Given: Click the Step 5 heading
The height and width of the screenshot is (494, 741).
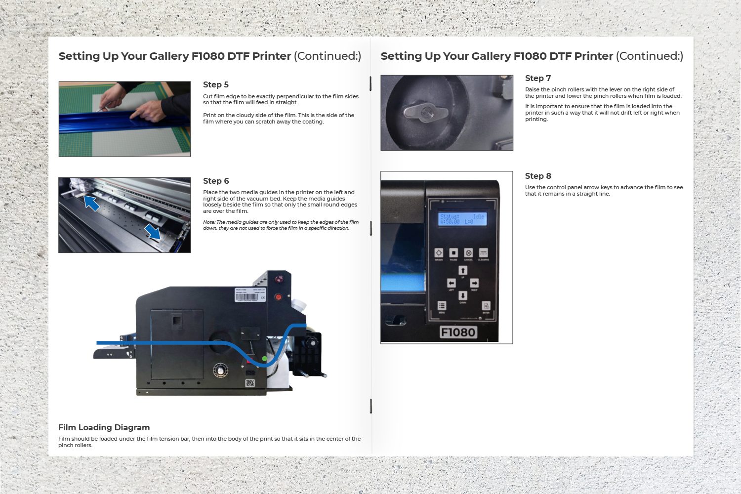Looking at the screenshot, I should tap(216, 84).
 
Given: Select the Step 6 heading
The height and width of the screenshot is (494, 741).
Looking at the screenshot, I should tap(216, 181).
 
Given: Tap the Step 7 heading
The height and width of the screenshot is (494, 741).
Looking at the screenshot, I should tap(537, 78).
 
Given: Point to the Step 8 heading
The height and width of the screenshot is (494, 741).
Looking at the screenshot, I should tap(537, 176).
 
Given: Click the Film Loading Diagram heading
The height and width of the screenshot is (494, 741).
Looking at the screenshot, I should tap(104, 427).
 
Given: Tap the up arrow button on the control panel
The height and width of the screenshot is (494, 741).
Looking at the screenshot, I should tap(462, 270).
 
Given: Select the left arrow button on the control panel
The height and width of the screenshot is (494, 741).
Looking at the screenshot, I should tap(451, 283).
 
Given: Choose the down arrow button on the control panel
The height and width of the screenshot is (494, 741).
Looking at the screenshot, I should tap(462, 295).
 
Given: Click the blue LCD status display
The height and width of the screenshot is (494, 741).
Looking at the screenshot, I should tap(463, 219).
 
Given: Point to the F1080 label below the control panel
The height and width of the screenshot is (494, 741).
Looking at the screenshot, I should tap(458, 332).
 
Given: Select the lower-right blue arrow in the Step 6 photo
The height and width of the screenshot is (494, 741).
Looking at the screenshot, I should tap(153, 231).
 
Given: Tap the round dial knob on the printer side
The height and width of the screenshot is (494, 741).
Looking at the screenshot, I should tap(220, 370).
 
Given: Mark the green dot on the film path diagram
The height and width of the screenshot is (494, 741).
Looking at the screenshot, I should tap(264, 359).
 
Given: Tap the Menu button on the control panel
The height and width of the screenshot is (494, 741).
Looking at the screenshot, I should tap(442, 306).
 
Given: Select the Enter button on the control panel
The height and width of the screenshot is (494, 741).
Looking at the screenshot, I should tap(486, 306).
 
